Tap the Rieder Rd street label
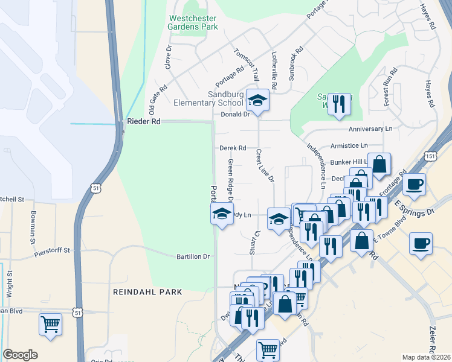(143, 121)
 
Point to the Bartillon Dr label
(193, 256)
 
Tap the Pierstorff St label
(52, 249)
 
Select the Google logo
(20, 355)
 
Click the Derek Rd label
(233, 148)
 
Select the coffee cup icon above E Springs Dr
(414, 185)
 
